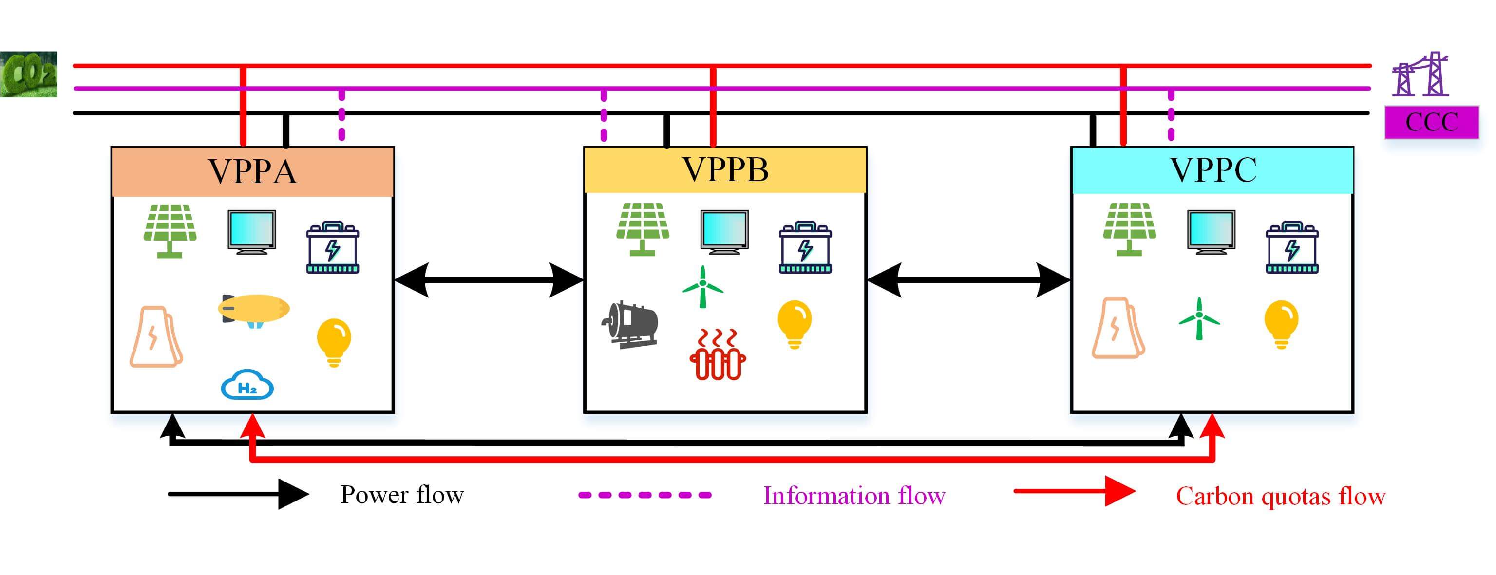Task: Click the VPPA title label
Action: pos(253,171)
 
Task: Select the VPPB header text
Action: pos(725,169)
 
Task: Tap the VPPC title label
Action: pos(1212,169)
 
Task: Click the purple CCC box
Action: pos(1432,122)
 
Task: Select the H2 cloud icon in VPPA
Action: pos(247,385)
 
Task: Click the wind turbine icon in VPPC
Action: pos(1199,318)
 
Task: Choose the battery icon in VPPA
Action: pos(332,247)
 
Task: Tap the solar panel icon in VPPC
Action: pos(1130,229)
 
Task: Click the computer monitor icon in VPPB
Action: pos(724,231)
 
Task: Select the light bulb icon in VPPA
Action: pos(334,341)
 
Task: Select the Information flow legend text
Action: pos(853,496)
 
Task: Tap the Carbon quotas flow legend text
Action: pos(1281,496)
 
